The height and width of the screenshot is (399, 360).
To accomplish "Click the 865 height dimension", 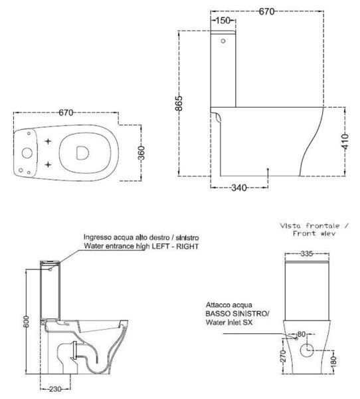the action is click(179, 103).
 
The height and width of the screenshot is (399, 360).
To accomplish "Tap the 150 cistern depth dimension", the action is click(223, 21).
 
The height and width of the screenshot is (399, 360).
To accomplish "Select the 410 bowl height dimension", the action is click(345, 142).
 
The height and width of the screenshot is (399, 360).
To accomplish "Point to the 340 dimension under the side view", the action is click(239, 188).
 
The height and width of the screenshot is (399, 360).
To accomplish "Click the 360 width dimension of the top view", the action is click(141, 153).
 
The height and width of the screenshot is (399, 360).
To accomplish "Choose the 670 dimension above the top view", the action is click(66, 112).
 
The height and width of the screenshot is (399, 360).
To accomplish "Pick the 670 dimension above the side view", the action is click(267, 11).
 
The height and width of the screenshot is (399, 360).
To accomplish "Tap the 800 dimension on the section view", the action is click(27, 322).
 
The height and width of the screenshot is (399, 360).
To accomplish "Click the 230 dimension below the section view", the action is click(55, 389).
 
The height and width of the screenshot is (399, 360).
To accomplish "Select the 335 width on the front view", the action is click(307, 253).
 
